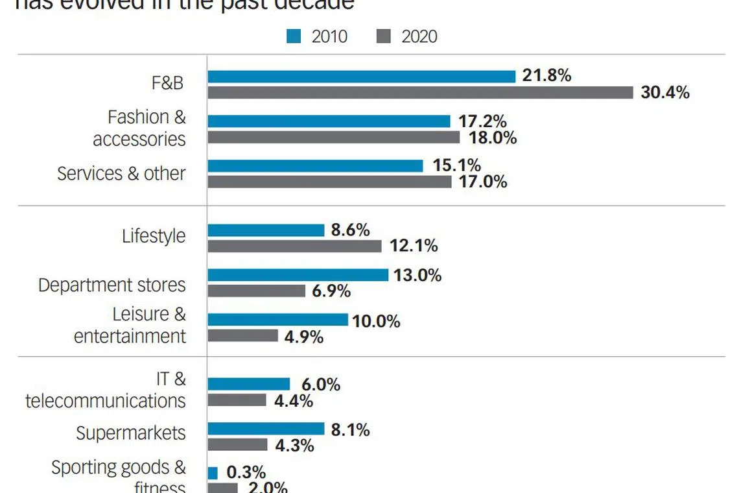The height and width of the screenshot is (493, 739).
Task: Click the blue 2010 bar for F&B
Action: point(361,77)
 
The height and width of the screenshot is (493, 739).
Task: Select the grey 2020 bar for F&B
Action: point(420,93)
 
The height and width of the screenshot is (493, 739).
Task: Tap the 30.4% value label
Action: point(665,93)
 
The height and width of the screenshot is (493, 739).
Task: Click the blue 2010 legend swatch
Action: point(294,37)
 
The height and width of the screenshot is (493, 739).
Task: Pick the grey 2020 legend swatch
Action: point(384,37)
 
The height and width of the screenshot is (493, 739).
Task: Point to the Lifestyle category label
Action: point(154,236)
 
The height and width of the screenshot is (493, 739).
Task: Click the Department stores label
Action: point(112,285)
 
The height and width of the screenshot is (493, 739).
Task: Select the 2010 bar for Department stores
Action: point(298,275)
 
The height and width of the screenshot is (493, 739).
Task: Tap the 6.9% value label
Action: point(331,291)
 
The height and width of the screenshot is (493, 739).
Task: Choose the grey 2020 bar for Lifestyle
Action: point(294,246)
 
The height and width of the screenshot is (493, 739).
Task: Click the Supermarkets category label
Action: point(131,433)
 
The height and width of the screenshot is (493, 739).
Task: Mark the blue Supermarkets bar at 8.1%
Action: point(266,429)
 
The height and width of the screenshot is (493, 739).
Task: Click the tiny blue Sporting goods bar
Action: point(213,473)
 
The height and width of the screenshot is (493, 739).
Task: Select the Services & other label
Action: point(121,174)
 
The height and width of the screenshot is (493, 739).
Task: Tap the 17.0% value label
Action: point(482,182)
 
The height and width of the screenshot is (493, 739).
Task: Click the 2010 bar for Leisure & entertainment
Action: point(277,320)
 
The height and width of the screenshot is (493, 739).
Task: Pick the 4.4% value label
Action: point(294,401)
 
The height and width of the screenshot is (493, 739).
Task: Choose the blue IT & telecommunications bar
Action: point(248,384)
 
